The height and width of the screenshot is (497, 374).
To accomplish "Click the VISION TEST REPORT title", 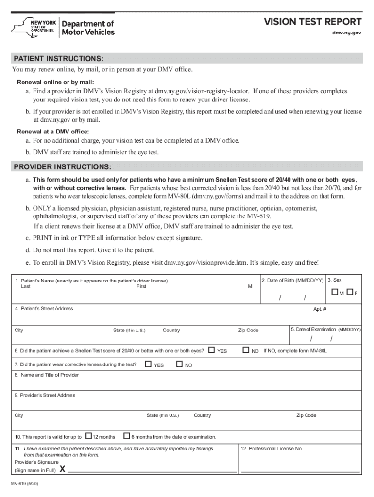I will pos(312,22).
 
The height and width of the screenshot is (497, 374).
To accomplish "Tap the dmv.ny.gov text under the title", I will pos(346,33).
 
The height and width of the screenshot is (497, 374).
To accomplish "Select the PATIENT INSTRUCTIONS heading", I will pos(58,59).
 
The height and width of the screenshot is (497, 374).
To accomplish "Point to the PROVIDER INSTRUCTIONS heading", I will pos(62,167).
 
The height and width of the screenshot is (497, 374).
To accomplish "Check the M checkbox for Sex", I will pos(335,293).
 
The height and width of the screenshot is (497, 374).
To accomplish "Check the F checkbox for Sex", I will pos(351,293).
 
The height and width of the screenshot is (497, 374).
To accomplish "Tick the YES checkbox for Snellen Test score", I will pos(211,349).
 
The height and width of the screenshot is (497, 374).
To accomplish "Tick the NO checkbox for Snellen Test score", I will pos(245,349).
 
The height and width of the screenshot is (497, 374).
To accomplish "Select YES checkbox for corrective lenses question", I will pos(149,364).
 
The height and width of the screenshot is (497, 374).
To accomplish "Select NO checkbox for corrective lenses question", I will pos(179,364).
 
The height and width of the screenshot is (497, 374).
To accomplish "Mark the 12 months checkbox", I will pos(88,436).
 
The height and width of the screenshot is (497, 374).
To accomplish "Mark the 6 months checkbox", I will pos(127,436).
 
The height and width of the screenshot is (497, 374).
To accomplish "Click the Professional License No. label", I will pos(272,449).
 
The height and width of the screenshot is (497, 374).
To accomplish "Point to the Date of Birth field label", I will pos(292,281).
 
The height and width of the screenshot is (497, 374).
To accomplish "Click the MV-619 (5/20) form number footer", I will pos(27,484).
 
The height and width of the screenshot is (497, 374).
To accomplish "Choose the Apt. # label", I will pos(320,309).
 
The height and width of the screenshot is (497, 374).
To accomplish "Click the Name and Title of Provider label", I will pos(47,375).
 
